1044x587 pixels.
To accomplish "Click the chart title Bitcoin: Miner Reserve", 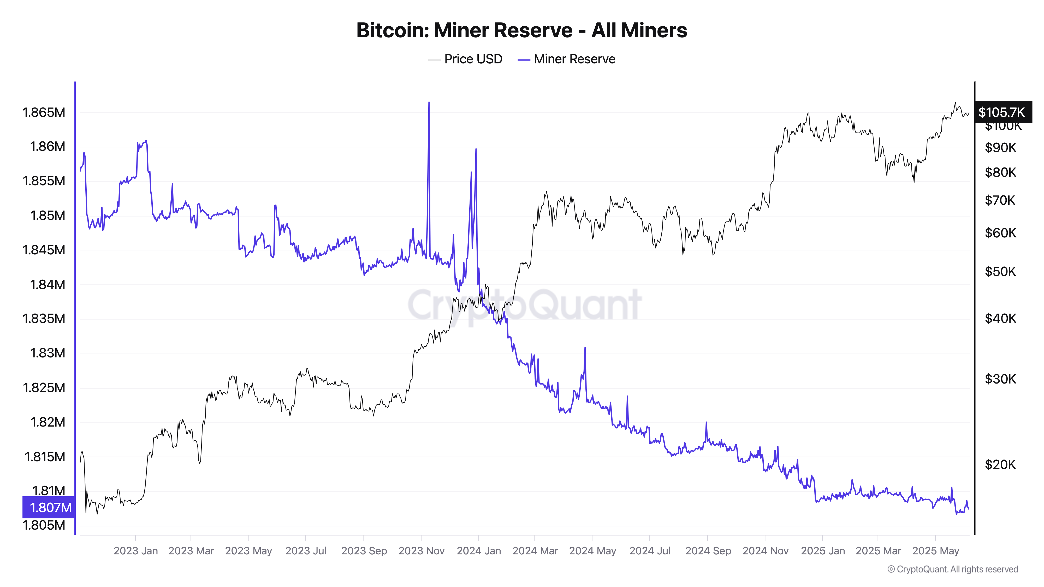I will (521, 30).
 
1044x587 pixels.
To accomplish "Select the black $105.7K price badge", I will (1002, 112).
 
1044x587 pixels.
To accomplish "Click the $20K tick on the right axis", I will (1000, 464).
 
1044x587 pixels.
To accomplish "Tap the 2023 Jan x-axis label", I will (135, 551).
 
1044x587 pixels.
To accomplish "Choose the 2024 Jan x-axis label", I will (479, 551).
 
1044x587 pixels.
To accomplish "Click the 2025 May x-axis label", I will (935, 551).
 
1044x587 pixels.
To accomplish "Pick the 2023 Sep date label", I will (364, 551).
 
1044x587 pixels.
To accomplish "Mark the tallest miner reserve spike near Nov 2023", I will (429, 103).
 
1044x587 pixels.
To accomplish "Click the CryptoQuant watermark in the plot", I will (524, 305).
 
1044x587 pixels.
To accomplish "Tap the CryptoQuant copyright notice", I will (952, 569).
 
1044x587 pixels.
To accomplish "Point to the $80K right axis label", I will (1000, 172).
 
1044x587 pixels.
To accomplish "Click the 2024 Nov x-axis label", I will (765, 551).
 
